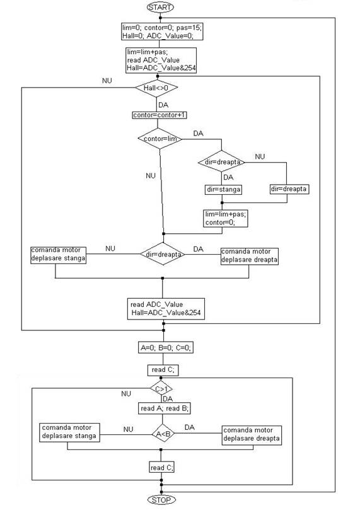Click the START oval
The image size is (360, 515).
point(160,7)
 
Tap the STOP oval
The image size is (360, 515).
point(161,500)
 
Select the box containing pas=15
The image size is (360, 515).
point(162,32)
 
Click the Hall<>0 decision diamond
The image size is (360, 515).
point(156,88)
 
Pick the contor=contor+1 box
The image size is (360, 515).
point(160,115)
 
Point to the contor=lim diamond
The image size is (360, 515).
point(160,139)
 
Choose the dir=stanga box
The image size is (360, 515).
point(223,190)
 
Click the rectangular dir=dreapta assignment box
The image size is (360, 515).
point(289,189)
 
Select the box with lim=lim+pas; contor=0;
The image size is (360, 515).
point(225,218)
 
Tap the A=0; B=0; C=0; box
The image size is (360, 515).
point(166,347)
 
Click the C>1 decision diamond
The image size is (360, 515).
point(161,389)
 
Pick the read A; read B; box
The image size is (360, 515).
point(164,408)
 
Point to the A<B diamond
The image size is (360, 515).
point(163,434)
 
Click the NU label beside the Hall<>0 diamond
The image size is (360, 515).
point(107,81)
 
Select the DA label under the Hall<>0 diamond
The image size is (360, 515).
point(163,105)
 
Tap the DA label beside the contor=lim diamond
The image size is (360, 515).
point(198,134)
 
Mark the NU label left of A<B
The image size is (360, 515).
point(129,429)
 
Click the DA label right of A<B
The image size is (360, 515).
point(190,427)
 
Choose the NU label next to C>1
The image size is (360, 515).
point(126,393)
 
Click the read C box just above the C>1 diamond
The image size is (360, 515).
point(163,370)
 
